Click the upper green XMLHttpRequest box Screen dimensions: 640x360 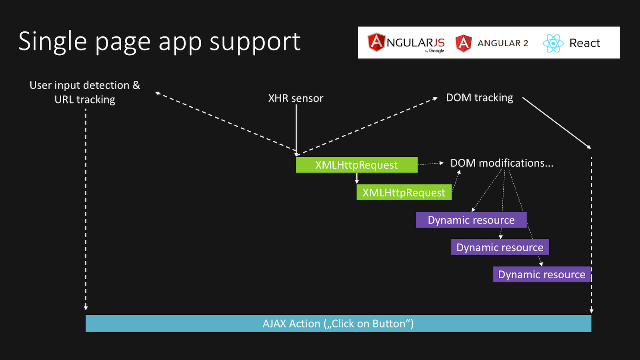(356, 164)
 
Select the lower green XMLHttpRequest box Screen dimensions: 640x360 (404, 192)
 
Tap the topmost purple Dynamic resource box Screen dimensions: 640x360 (471, 220)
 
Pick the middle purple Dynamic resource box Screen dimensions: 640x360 (500, 247)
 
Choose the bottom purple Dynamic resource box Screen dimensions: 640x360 (542, 274)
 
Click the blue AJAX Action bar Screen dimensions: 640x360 (338, 324)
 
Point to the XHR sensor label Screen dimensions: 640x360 (296, 98)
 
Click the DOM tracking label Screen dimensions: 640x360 (480, 98)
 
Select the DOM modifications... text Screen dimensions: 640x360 (502, 163)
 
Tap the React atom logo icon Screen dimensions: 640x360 (553, 43)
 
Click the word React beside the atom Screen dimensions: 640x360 (584, 43)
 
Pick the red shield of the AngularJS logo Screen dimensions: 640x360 (376, 42)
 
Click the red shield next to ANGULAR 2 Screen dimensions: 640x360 (464, 43)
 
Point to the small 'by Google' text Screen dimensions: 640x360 (434, 51)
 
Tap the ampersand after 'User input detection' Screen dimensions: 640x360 (136, 85)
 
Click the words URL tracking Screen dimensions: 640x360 (85, 100)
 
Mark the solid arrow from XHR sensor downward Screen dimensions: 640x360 (296, 130)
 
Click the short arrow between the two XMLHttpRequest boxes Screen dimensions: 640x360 (356, 178)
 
